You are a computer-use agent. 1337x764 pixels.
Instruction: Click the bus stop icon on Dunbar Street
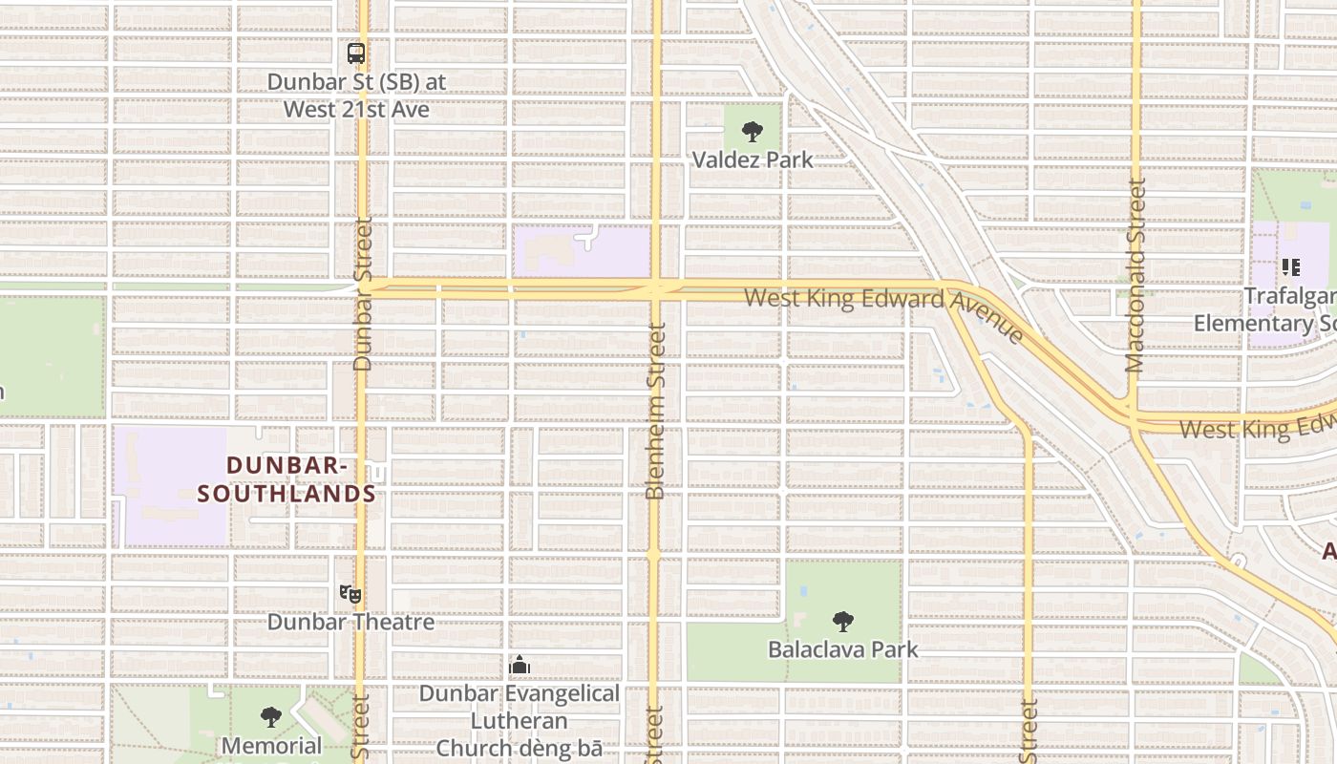tap(356, 53)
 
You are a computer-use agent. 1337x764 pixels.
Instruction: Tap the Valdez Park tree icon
tap(753, 131)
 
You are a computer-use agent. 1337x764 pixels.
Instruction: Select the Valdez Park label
tap(753, 159)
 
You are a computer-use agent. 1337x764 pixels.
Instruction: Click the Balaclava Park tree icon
tap(842, 622)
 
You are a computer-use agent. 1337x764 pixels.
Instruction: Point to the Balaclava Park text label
tap(842, 649)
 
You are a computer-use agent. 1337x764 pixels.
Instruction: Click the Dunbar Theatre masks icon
tap(350, 594)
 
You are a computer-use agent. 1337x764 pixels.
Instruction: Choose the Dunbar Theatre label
tap(350, 623)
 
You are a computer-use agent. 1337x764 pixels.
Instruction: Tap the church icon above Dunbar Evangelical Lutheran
tap(520, 665)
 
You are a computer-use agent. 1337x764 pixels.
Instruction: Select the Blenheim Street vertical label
tap(655, 411)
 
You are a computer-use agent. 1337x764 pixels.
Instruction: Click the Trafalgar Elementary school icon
tap(1291, 266)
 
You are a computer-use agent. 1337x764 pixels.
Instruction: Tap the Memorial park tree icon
tap(271, 716)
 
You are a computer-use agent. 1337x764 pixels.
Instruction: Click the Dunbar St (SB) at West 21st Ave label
tap(356, 95)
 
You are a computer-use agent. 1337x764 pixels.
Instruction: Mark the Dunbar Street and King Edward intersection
tap(362, 286)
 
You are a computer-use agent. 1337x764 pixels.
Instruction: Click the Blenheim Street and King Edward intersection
tap(655, 288)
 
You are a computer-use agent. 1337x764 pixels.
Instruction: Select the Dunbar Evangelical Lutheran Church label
tap(520, 721)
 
